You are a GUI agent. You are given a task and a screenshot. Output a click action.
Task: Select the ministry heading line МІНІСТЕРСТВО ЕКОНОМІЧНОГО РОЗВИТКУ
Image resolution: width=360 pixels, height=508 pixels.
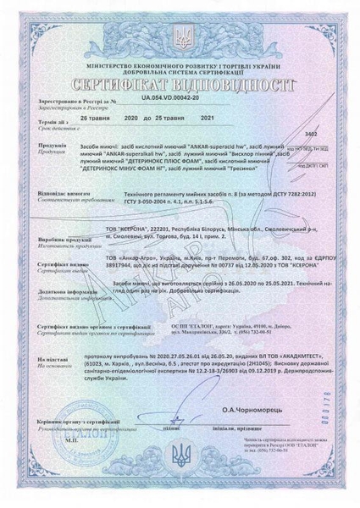[x=180, y=63]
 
